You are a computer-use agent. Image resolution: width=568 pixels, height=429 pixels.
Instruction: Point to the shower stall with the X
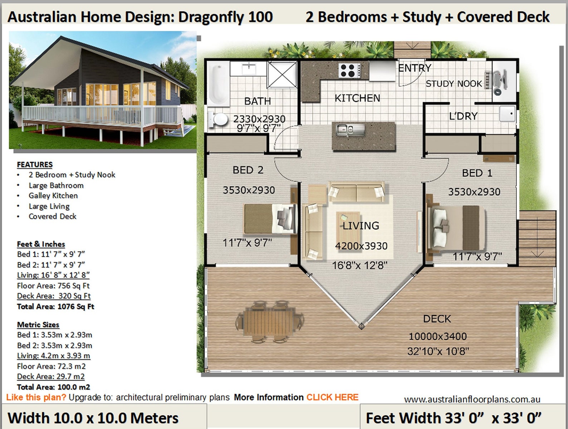(x=282, y=74)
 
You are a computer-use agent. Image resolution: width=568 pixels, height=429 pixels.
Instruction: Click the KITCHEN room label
(x=357, y=98)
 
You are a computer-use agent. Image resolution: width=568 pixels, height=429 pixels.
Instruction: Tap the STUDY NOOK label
(x=454, y=84)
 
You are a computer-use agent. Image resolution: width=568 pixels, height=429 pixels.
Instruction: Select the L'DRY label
(x=463, y=116)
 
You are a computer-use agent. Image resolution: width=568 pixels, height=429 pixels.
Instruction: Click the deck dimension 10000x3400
(x=437, y=336)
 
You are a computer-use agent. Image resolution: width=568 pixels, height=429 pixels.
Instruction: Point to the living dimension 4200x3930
(x=361, y=246)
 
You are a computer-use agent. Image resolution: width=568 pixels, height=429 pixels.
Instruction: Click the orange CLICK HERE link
(x=332, y=397)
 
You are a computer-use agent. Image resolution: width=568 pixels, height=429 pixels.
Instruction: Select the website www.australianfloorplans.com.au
(x=472, y=399)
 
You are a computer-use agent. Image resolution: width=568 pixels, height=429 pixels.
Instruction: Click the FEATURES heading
(x=35, y=165)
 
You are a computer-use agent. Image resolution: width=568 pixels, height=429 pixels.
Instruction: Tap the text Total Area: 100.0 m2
(x=53, y=387)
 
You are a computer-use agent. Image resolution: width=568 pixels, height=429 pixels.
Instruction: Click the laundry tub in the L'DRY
(x=507, y=114)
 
